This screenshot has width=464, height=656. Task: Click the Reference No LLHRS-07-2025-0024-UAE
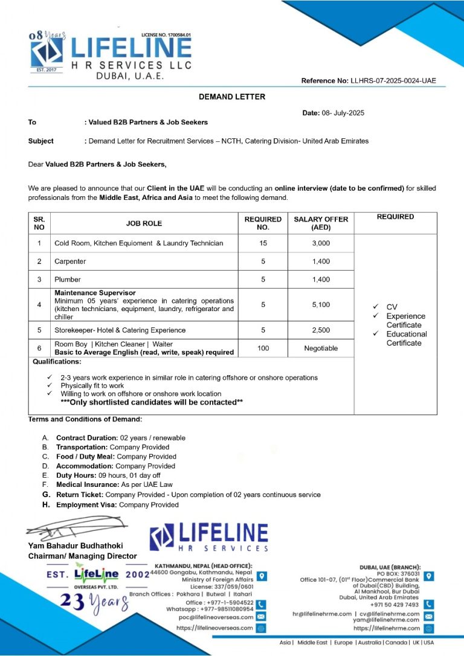(368, 81)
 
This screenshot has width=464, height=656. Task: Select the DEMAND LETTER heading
(232, 97)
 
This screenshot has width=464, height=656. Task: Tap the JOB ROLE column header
(144, 223)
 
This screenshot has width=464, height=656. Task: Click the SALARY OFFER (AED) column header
(321, 223)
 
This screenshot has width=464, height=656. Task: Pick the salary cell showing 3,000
(321, 243)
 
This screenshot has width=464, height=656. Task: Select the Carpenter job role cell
(70, 262)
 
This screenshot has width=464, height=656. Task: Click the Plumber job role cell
(67, 280)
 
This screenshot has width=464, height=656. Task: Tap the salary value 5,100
(321, 305)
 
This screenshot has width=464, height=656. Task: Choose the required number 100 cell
(263, 348)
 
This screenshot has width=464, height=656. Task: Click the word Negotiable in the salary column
(321, 349)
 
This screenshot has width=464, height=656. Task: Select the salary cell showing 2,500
(321, 330)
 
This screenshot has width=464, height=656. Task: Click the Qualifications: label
(54, 362)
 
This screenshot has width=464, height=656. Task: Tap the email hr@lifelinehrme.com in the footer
(322, 614)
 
